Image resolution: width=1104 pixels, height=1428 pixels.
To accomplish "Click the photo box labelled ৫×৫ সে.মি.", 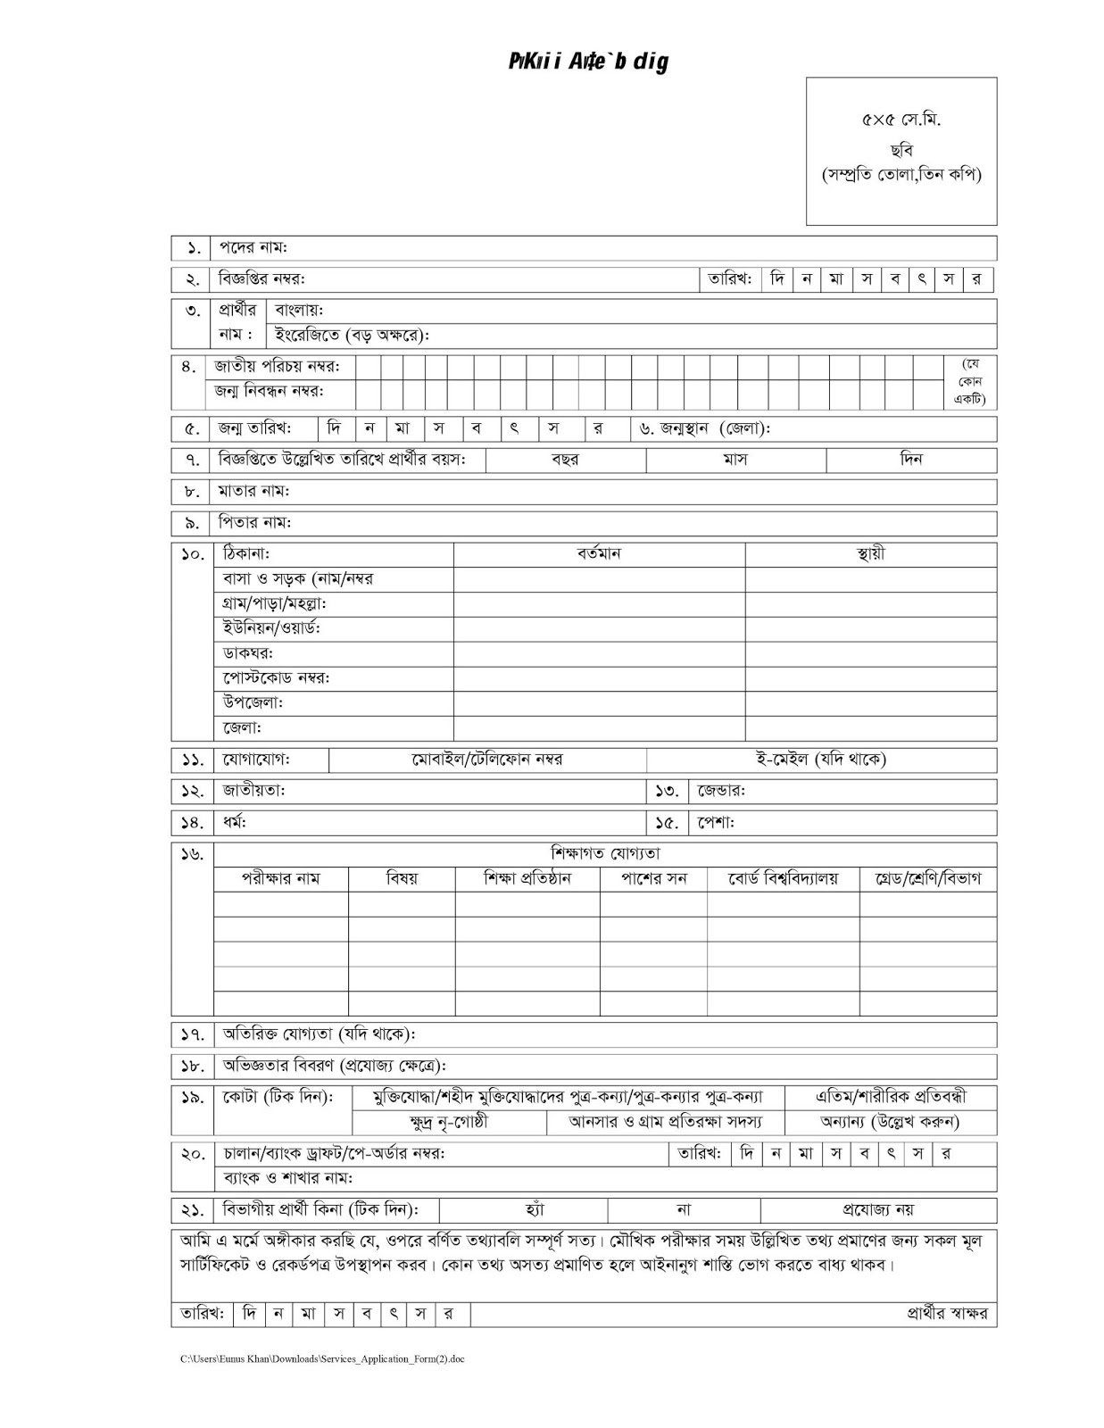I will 901,150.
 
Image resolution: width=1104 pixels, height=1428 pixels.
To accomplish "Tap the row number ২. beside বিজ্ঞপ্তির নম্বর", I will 192,280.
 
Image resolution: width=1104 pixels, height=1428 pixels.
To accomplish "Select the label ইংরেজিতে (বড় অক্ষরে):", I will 353,336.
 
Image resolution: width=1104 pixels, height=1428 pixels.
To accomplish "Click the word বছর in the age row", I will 565,461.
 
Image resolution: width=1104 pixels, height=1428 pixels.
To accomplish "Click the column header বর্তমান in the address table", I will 599,554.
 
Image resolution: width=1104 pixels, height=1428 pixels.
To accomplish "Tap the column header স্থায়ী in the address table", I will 870,554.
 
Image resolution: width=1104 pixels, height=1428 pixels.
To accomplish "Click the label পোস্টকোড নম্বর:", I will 277,678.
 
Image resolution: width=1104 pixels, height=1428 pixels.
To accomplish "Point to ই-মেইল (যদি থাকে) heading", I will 820,760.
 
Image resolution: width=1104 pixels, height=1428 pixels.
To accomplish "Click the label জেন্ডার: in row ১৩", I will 721,792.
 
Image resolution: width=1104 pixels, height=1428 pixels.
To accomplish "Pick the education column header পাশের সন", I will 654,879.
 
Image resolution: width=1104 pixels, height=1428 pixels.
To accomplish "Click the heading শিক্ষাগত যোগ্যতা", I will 605,854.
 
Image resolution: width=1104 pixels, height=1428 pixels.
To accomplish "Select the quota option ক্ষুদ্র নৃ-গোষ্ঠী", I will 448,1123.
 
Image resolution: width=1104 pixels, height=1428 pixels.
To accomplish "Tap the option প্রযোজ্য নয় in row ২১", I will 878,1211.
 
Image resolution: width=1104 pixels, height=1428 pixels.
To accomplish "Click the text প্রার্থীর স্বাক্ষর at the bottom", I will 947,1315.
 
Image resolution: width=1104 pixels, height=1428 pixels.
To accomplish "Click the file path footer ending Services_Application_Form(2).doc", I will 322,1359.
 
